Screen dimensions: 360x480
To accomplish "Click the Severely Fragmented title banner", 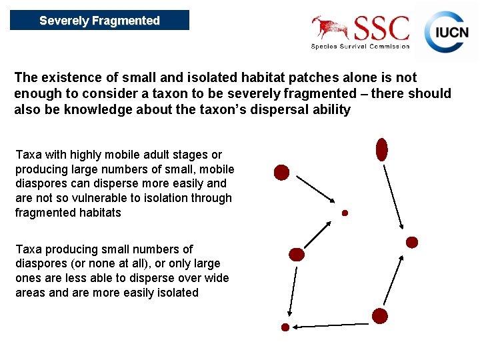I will (x=99, y=20).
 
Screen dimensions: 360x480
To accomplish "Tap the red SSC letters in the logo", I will (x=381, y=29).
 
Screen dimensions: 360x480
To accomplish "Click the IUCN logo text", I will (x=451, y=33).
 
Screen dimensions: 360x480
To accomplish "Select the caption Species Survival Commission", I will (x=360, y=47).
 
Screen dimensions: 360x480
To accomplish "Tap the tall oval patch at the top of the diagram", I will (x=381, y=149).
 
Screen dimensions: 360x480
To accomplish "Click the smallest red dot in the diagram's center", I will (x=345, y=213).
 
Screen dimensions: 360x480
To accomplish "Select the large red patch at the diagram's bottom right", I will (x=380, y=316).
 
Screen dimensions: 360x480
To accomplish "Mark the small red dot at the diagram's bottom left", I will (x=285, y=327).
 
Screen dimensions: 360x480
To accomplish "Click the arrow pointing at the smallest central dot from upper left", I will (x=315, y=189).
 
